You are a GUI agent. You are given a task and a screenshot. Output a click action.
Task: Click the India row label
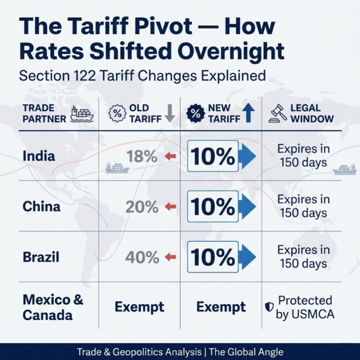tap(38, 156)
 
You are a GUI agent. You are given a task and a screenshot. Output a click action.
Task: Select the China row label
tap(41, 207)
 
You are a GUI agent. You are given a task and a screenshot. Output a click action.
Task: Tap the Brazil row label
tap(41, 257)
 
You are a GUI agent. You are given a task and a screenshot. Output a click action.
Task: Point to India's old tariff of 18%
tap(142, 156)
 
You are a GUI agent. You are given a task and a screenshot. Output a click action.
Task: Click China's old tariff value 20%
tap(142, 207)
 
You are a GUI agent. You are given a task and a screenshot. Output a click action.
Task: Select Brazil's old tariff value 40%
tap(142, 258)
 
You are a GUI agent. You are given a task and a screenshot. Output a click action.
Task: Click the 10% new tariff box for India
tap(213, 156)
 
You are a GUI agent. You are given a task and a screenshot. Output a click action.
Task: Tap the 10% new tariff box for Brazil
tap(213, 257)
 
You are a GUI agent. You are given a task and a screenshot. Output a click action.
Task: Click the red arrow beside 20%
tap(170, 207)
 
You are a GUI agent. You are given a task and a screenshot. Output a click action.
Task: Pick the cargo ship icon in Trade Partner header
tap(82, 114)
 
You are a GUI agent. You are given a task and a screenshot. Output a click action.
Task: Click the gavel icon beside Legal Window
tap(278, 114)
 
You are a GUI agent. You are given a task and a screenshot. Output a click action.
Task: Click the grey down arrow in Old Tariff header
tap(170, 114)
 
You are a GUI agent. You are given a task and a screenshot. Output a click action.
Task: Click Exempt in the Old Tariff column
tap(139, 307)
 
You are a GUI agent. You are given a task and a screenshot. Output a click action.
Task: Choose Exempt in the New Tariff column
tap(221, 307)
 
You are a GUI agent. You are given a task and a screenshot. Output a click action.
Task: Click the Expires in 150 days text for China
tap(303, 206)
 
